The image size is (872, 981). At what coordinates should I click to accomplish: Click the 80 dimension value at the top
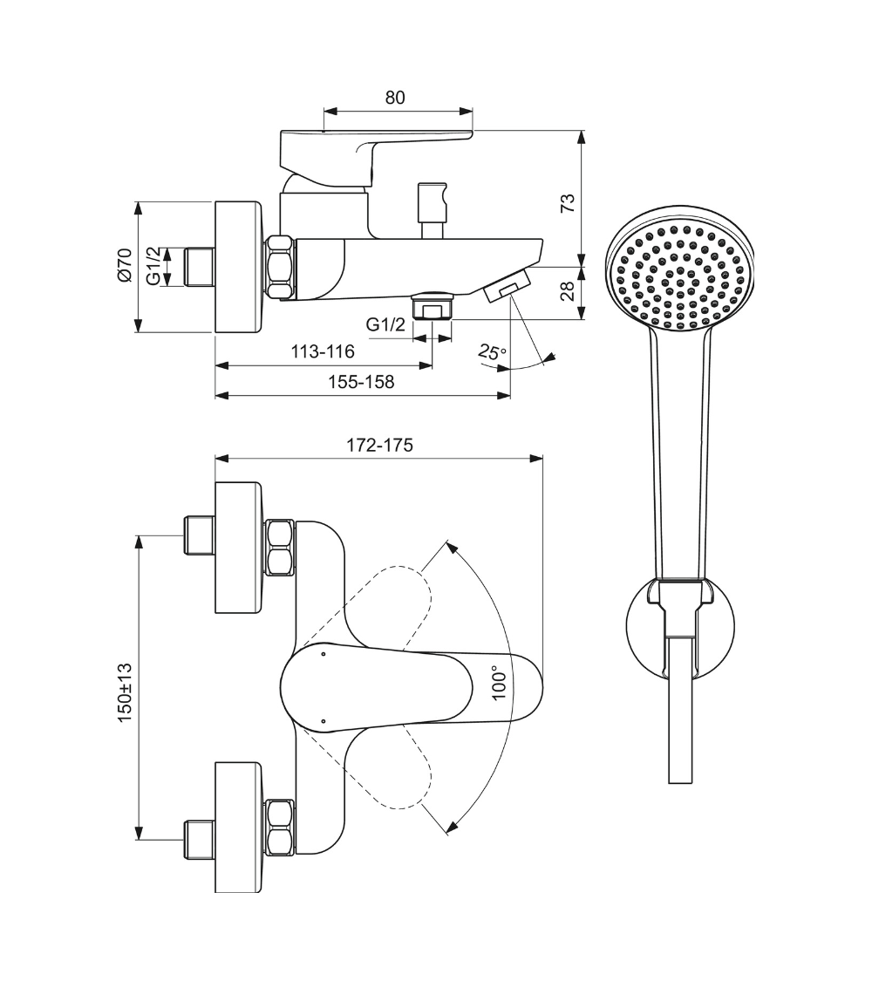point(395,97)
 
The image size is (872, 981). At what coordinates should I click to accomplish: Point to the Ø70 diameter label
point(124,265)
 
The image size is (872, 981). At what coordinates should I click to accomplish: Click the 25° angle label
point(492,352)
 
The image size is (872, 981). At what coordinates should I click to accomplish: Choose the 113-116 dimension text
point(323,351)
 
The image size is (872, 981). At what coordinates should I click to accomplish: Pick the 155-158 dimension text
point(360,382)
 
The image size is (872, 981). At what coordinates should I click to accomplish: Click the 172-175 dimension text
point(379,444)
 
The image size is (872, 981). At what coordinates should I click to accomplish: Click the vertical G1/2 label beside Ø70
point(153,266)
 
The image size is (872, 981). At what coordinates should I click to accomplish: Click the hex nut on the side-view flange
point(281,268)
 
